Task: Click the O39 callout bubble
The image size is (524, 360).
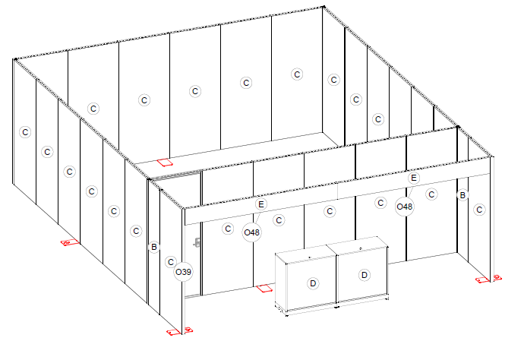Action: click(184, 272)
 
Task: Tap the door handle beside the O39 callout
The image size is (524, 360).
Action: click(197, 242)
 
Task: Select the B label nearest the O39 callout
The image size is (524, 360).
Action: click(153, 247)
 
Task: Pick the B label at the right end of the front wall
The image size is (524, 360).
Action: click(462, 195)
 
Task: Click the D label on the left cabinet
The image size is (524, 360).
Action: click(313, 283)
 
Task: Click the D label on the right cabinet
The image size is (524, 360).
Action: click(365, 275)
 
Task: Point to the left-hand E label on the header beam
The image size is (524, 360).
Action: click(261, 204)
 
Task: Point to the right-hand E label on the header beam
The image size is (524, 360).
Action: click(414, 178)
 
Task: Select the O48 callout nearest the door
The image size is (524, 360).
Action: click(251, 232)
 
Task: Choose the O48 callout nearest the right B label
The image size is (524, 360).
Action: click(404, 207)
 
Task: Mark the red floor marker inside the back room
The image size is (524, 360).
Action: click(165, 163)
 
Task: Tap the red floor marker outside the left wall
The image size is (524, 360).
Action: click(70, 242)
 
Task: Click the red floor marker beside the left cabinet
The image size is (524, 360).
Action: click(264, 289)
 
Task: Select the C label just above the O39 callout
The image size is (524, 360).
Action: click(171, 262)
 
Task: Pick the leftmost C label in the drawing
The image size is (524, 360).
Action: click(25, 132)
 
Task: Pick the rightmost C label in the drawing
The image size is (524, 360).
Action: click(479, 210)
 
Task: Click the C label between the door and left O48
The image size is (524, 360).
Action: click(228, 229)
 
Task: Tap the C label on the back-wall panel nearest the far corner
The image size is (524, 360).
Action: click(297, 74)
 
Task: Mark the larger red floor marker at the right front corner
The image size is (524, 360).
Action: click(482, 280)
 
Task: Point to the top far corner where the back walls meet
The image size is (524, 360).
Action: click(324, 7)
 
